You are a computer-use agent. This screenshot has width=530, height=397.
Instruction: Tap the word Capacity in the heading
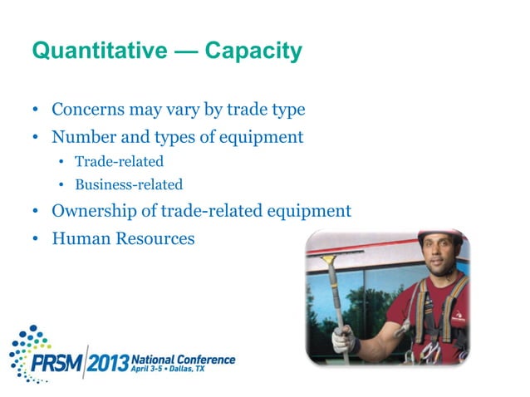tap(253, 52)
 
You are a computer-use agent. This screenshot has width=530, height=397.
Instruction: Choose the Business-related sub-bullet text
tap(129, 185)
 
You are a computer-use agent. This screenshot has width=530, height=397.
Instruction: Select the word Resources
tap(154, 238)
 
